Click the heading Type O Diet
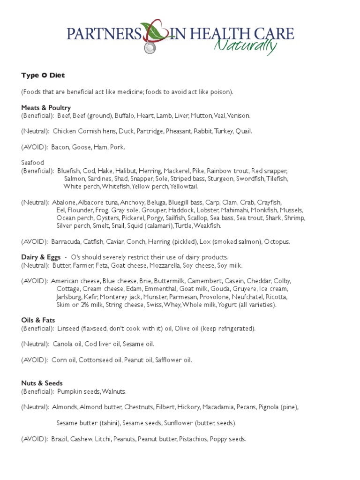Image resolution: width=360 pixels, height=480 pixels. [x=43, y=75]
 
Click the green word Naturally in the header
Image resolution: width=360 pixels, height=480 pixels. [x=245, y=46]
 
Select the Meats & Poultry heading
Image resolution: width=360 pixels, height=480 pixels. [x=46, y=108]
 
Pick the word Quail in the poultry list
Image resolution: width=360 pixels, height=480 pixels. [x=244, y=131]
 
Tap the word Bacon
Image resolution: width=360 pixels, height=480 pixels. [x=60, y=147]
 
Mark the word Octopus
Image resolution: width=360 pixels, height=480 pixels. [x=277, y=242]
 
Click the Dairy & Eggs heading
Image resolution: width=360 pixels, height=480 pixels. [x=41, y=257]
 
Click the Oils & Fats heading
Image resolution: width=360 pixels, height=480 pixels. [x=38, y=321]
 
